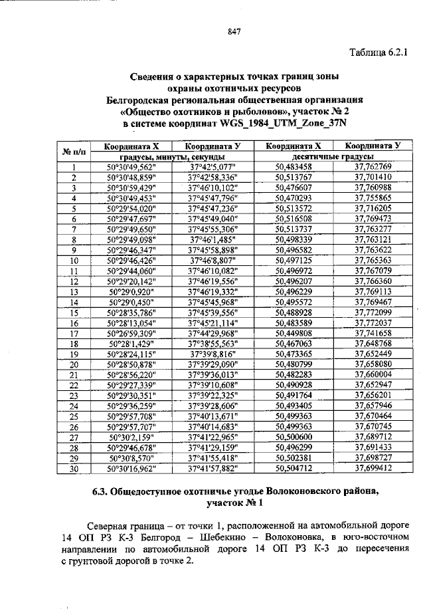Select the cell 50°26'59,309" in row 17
tap(130, 333)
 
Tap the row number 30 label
tap(74, 469)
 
